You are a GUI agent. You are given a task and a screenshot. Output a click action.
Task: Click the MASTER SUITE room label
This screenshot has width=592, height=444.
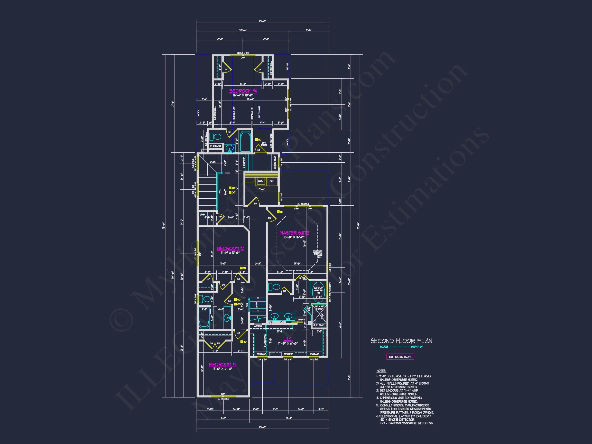click(x=294, y=233)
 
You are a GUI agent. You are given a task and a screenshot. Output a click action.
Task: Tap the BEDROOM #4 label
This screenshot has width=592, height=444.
click(x=243, y=91)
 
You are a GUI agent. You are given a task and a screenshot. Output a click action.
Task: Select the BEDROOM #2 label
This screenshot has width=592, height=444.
click(x=230, y=249)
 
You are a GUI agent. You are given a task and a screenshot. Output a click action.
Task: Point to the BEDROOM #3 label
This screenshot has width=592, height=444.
click(x=223, y=365)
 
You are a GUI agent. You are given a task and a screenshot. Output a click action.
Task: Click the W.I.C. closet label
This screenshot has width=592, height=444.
click(x=288, y=339)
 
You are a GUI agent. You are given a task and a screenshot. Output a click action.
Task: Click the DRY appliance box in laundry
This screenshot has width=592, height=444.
click(x=272, y=181)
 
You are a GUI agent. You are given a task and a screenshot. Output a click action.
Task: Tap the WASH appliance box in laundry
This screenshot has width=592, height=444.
click(x=260, y=181)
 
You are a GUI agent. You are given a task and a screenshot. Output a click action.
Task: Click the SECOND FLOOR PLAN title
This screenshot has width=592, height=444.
click(x=401, y=341)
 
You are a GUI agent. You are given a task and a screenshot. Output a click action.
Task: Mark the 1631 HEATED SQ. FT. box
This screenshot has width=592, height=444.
click(x=400, y=357)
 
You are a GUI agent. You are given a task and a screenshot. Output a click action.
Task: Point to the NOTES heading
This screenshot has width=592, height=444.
click(x=381, y=371)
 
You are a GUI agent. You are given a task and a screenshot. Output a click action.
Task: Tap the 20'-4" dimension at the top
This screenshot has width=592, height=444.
click(x=243, y=30)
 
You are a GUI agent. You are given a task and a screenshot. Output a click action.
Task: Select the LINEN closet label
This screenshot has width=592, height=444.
click(x=202, y=215)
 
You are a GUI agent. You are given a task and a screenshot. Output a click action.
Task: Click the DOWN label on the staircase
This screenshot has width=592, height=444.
click(x=212, y=162)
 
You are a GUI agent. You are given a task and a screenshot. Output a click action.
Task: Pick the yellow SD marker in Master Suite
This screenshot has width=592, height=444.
click(x=278, y=212)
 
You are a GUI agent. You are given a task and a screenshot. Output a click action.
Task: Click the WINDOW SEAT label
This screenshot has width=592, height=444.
click(x=275, y=162)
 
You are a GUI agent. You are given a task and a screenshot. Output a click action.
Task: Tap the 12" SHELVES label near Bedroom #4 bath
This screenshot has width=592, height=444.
click(x=215, y=146)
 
